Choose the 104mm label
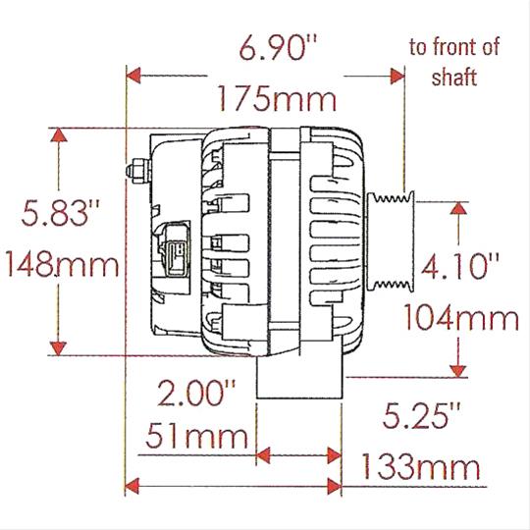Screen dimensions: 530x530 coord(461,317)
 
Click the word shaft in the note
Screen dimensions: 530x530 coord(454,79)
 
